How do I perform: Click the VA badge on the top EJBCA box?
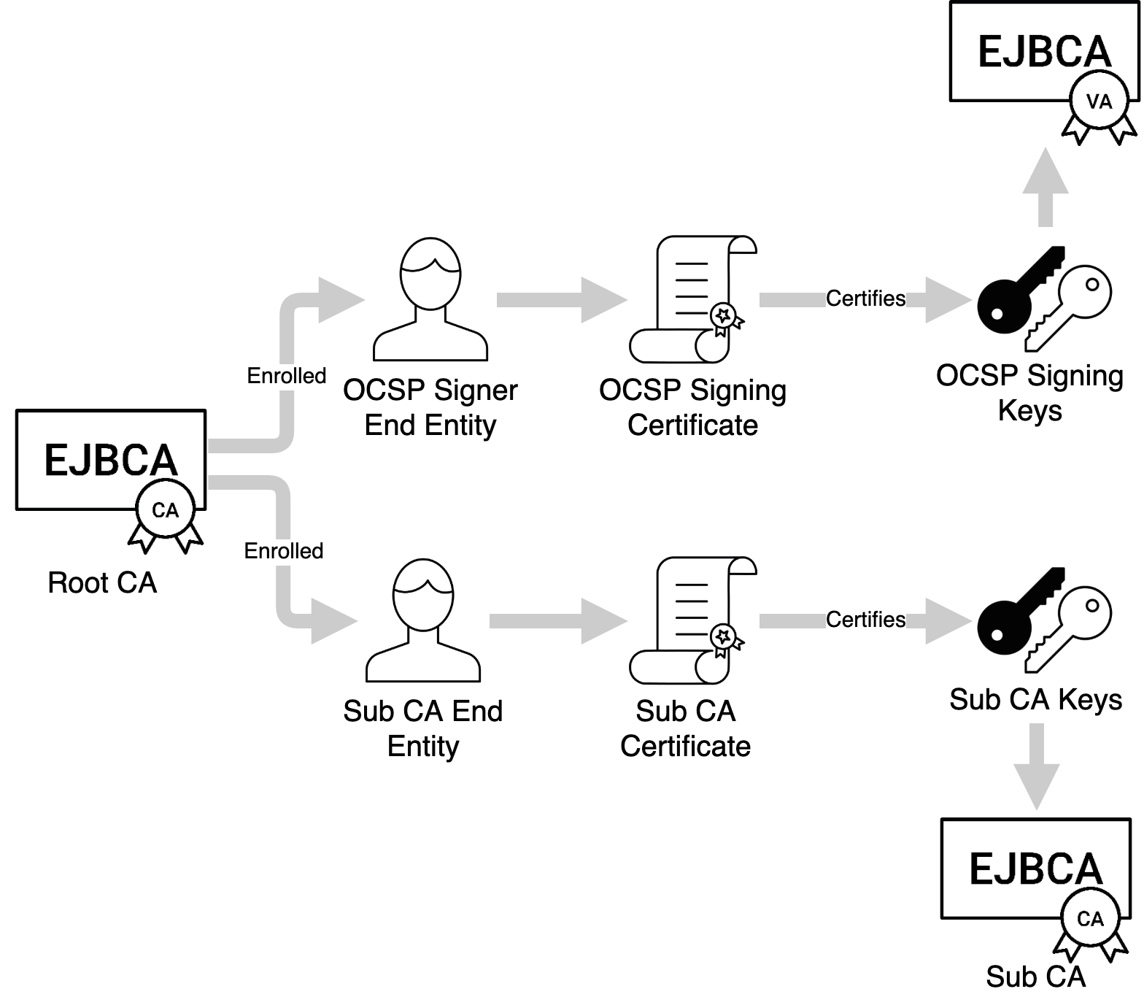(x=1099, y=101)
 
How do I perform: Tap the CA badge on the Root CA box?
(x=166, y=510)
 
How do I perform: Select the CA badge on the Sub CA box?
(x=1090, y=919)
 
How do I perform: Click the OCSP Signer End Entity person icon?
(x=430, y=299)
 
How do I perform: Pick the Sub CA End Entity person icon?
(x=423, y=620)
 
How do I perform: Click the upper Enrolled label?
(x=287, y=376)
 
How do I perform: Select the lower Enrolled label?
(x=284, y=551)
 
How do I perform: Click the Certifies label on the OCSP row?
(x=865, y=299)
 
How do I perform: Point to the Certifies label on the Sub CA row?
(x=865, y=620)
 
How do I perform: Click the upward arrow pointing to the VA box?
(x=1046, y=186)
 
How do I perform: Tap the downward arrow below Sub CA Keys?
(x=1037, y=766)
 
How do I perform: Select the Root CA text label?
(x=102, y=583)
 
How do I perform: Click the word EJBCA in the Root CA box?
(x=111, y=460)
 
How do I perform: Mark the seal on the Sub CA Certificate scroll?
(x=724, y=637)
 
